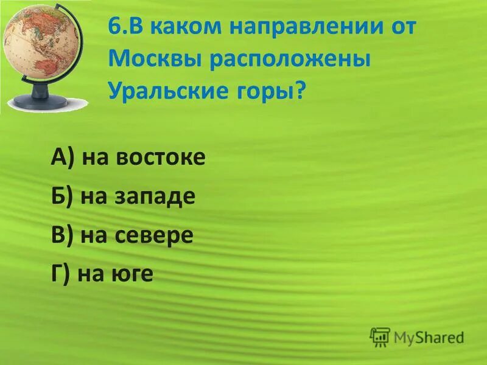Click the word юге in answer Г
pos(133,274)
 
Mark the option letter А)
pos(63,159)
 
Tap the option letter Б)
pos(62,197)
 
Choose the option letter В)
pos(62,235)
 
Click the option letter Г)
pos(61,274)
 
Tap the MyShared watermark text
pos(429,336)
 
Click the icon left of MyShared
pos(380,336)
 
